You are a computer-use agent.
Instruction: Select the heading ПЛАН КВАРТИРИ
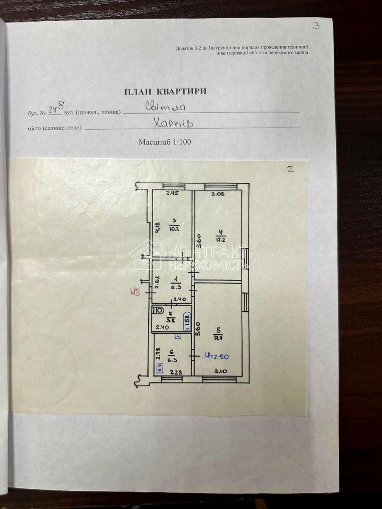click(x=165, y=91)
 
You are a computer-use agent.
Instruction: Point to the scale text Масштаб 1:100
click(x=165, y=142)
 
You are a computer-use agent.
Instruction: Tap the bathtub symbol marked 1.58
click(x=187, y=322)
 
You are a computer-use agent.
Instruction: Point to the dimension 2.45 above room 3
click(x=172, y=193)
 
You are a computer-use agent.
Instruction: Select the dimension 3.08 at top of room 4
click(x=218, y=194)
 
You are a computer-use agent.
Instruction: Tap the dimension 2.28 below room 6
click(x=176, y=372)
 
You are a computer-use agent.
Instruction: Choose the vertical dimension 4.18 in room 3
click(x=157, y=229)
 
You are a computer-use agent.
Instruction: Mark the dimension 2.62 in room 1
click(x=157, y=282)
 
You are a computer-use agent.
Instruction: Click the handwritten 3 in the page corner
click(x=316, y=25)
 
